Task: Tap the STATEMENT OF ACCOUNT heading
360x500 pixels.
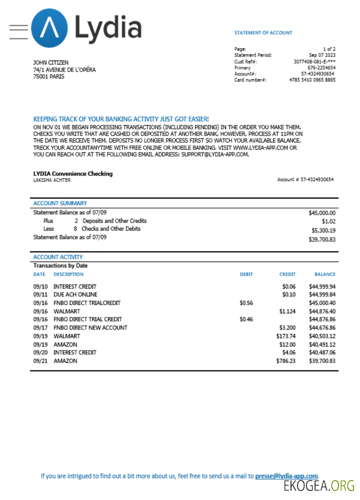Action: (263, 33)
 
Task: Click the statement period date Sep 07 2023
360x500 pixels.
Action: (322, 55)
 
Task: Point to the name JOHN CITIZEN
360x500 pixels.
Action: (51, 62)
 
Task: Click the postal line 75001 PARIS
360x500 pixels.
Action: (48, 77)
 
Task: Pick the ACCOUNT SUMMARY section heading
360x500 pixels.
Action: (60, 203)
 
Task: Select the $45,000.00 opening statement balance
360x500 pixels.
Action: (322, 212)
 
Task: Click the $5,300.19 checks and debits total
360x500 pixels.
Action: (323, 230)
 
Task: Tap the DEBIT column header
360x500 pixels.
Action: (246, 274)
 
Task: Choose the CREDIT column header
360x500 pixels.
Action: (287, 274)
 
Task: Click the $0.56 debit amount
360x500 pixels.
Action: (246, 303)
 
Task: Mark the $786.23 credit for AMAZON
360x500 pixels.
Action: (285, 360)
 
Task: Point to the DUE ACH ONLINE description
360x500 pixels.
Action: (75, 295)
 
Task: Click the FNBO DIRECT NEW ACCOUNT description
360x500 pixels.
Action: (90, 327)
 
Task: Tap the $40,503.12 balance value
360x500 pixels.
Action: (322, 336)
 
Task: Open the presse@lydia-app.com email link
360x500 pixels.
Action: (286, 476)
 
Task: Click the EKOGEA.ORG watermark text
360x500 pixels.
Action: (319, 486)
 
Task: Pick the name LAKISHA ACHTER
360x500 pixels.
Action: (52, 180)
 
